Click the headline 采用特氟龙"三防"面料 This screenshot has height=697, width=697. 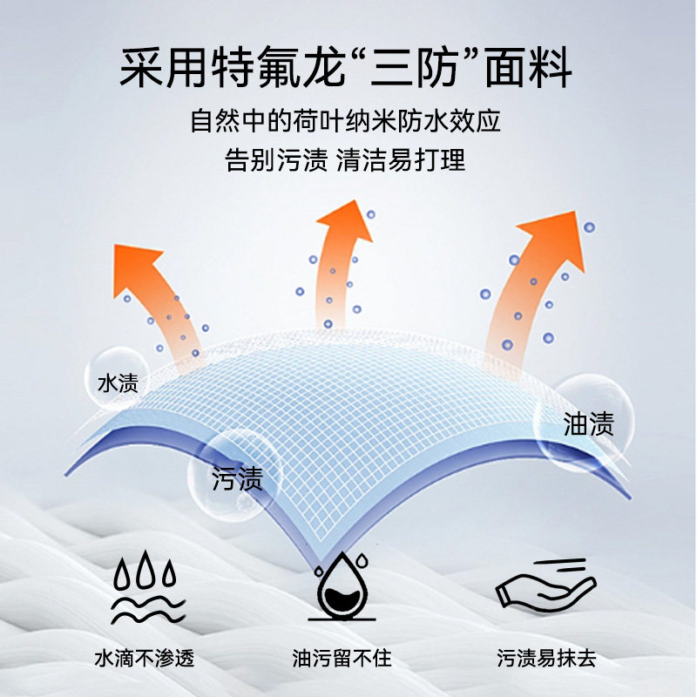coord(346,68)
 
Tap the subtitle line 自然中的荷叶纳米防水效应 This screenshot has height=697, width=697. coord(346,120)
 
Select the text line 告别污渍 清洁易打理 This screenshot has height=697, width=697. coord(346,161)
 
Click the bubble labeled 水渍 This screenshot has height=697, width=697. coord(118,382)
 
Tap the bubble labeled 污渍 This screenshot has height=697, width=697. coord(235,477)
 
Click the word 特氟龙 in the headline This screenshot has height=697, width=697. coord(274,68)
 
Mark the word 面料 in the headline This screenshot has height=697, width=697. coord(530,68)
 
